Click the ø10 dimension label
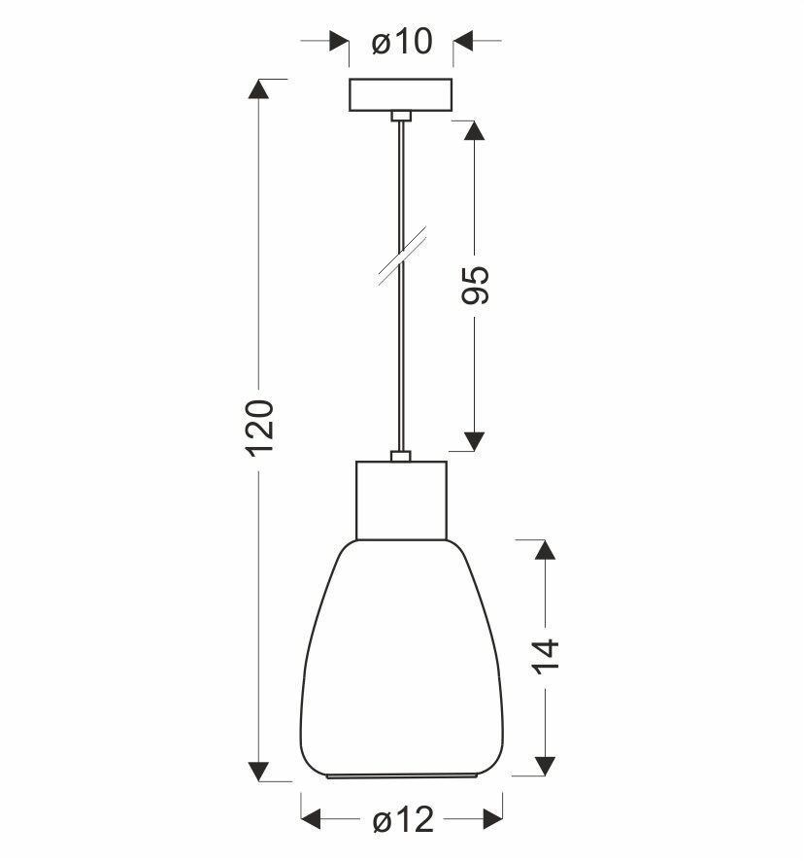402,42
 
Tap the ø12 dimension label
403,820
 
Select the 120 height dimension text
259,429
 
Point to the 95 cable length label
475,285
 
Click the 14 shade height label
545,656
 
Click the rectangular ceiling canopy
401,95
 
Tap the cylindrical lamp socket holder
401,500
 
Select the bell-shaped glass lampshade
401,659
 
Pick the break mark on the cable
402,257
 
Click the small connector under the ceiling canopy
401,116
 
